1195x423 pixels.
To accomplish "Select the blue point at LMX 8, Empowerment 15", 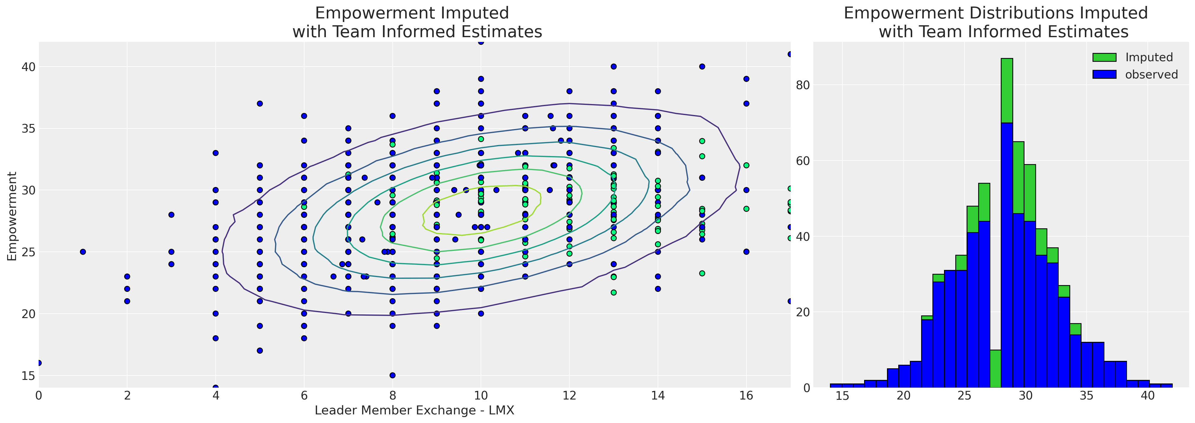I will (392, 375).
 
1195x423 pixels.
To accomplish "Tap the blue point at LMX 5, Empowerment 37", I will (260, 103).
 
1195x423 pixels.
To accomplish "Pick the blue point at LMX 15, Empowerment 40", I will (702, 66).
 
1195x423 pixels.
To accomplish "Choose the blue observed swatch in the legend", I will (1104, 75).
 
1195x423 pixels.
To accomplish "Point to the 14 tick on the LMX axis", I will (658, 396).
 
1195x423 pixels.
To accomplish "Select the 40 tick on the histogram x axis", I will (1148, 396).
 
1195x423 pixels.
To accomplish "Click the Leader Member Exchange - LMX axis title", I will (414, 411).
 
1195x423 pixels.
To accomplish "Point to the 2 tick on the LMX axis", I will (127, 396).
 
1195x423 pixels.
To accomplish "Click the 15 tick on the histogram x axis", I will (842, 396).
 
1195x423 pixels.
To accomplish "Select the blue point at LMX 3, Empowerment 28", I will (171, 215).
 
